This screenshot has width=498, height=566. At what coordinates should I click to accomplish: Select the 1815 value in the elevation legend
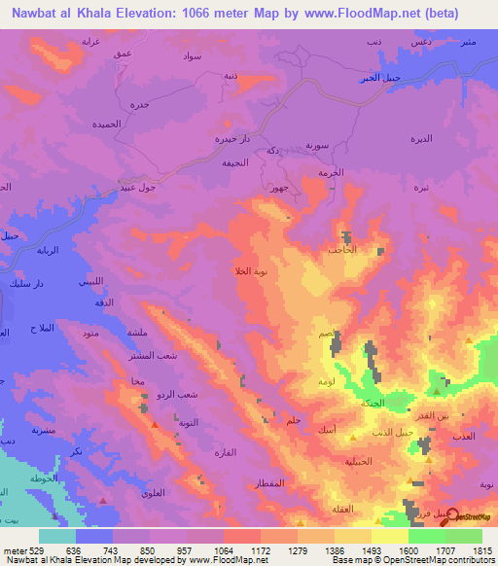click(x=482, y=548)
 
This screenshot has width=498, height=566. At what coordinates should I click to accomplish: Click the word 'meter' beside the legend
click(x=14, y=548)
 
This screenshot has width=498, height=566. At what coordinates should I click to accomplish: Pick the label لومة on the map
click(x=326, y=381)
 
